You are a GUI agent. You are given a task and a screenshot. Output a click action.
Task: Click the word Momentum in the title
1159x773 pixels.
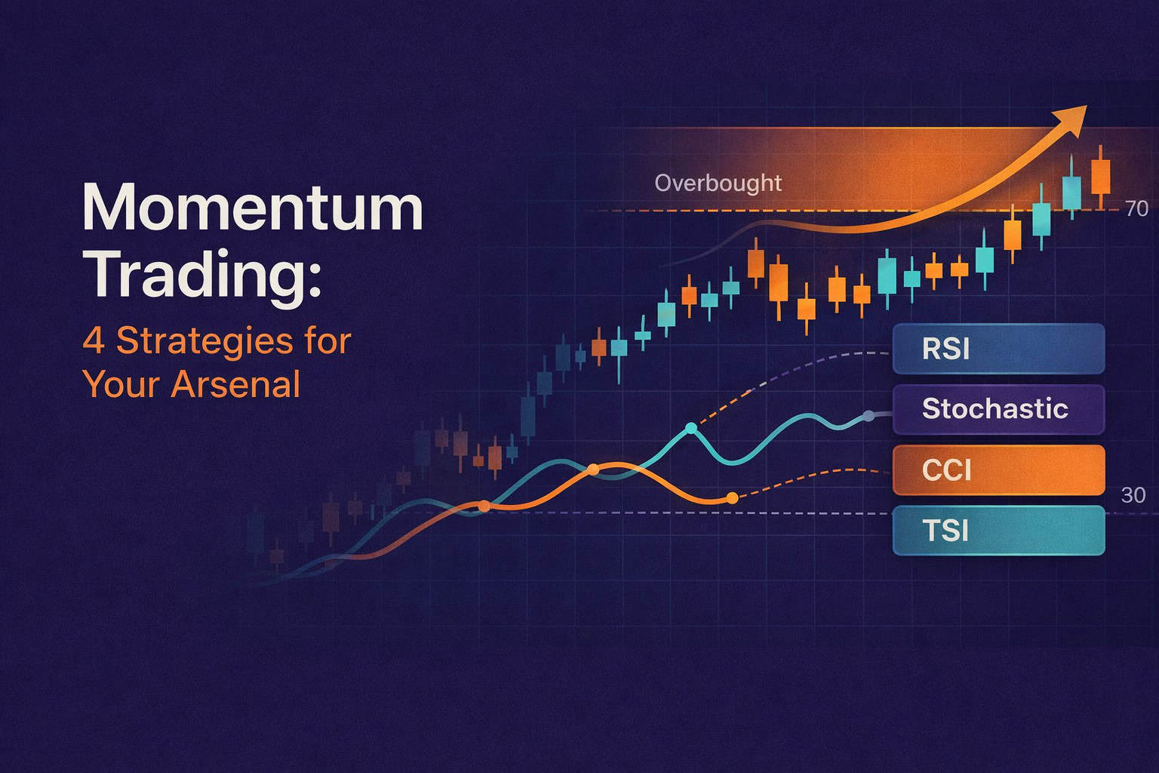click(252, 208)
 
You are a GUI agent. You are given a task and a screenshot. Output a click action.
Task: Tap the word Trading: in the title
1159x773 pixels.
click(202, 275)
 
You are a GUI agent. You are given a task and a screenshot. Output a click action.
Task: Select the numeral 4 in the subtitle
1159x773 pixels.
click(93, 340)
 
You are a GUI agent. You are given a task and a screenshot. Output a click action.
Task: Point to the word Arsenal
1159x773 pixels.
click(235, 384)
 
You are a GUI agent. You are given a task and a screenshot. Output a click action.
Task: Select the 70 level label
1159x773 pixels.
click(1136, 209)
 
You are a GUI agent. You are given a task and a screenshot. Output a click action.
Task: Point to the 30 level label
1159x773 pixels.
click(1133, 495)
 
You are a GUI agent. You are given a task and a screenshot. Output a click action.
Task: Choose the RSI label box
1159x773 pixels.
click(998, 349)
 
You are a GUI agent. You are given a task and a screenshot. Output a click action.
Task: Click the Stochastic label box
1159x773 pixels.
click(998, 409)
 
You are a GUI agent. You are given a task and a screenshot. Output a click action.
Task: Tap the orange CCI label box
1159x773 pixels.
click(998, 470)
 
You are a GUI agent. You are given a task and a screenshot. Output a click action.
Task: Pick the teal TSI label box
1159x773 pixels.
click(998, 531)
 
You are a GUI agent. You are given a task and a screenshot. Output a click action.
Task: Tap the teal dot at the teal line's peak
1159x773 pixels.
click(691, 429)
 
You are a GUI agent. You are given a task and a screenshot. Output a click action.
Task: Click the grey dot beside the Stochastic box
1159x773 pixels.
click(869, 415)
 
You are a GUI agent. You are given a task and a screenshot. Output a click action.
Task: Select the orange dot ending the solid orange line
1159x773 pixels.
click(731, 497)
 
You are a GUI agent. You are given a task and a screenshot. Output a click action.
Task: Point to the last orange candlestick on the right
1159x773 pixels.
click(1100, 177)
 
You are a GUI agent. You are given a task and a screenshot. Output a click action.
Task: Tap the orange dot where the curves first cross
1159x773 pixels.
click(484, 506)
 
